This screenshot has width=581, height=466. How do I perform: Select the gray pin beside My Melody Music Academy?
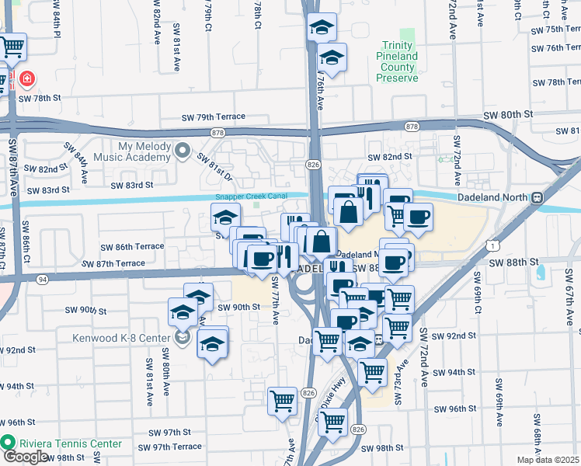click(x=183, y=150)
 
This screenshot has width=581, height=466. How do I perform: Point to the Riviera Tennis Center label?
click(x=71, y=443)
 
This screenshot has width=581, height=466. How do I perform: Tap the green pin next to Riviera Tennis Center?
click(x=9, y=443)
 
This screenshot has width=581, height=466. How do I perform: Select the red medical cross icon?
click(x=27, y=79)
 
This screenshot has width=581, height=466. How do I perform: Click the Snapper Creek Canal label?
click(x=251, y=196)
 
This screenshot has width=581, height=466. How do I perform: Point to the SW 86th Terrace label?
click(x=132, y=246)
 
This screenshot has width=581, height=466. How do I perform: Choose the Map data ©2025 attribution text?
click(x=548, y=460)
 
